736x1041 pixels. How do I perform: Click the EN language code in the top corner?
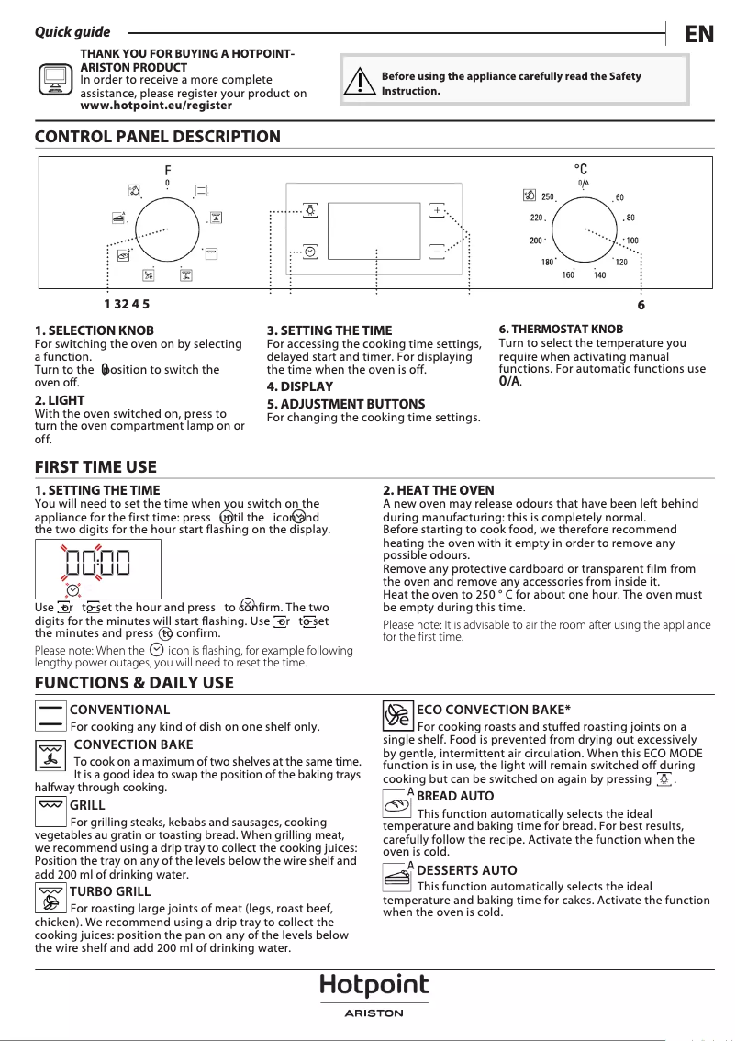point(698,34)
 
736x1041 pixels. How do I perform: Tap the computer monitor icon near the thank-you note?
point(56,81)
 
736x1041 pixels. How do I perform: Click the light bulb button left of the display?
point(310,210)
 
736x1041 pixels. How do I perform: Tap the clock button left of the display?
point(310,251)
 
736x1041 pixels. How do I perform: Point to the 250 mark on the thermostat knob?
point(547,197)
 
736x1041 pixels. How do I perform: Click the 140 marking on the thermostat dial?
point(599,275)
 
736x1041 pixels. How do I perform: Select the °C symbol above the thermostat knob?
point(581,170)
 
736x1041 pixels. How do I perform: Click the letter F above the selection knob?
point(168,171)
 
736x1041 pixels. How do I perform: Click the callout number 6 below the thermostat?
point(641,305)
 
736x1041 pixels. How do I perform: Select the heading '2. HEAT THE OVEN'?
point(438,491)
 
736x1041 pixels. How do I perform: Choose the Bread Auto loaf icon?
point(396,804)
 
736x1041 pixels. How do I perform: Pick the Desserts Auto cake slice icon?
point(396,878)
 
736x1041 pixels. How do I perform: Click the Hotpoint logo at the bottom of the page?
point(374,987)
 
